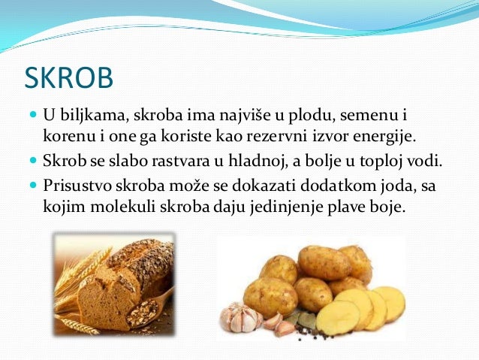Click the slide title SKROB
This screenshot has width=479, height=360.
tap(69, 78)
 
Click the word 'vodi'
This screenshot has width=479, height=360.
tap(443, 161)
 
